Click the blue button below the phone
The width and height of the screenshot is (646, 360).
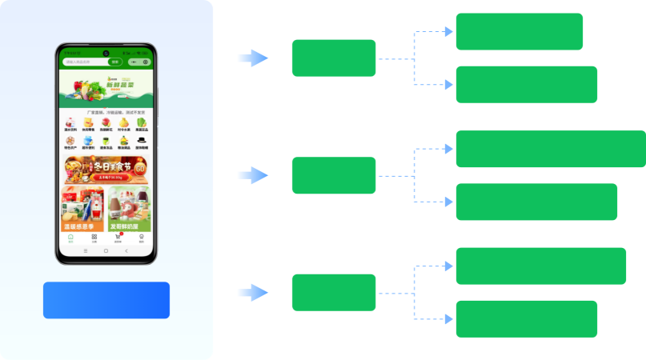point(106,300)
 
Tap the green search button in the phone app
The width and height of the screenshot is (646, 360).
point(115,62)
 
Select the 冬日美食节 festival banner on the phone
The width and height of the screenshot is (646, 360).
point(106,169)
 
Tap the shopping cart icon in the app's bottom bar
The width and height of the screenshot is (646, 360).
point(118,237)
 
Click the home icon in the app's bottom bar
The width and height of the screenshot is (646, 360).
point(70,237)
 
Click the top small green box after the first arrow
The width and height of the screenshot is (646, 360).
point(334,58)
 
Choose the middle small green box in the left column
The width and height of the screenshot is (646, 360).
point(334,175)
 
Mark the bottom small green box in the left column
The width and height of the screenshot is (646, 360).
point(334,293)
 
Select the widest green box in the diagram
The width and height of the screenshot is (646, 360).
point(551,149)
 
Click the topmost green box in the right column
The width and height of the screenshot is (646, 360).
point(520,31)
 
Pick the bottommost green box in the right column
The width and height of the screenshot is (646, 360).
point(527,319)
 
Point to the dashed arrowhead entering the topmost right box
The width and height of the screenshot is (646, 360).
point(449,32)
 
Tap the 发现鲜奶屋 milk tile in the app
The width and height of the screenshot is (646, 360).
point(130,210)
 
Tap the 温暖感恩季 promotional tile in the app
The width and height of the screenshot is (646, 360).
point(83,210)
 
